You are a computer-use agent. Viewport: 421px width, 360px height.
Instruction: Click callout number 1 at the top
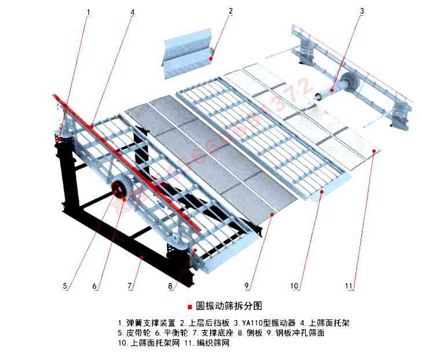tap(89, 11)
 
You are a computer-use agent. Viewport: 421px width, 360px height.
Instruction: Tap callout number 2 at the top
tap(230, 11)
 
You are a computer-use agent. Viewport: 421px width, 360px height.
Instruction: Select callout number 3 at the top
tap(361, 11)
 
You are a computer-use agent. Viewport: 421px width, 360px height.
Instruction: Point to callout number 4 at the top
tap(133, 11)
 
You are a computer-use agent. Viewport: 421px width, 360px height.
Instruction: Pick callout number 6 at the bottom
tap(96, 285)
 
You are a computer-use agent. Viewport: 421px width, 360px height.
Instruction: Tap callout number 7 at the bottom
tap(131, 285)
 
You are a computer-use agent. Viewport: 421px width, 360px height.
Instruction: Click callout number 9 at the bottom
tap(247, 285)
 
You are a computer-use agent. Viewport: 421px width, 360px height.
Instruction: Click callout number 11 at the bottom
tap(349, 285)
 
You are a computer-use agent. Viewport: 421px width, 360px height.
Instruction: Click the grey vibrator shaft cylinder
tap(328, 91)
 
